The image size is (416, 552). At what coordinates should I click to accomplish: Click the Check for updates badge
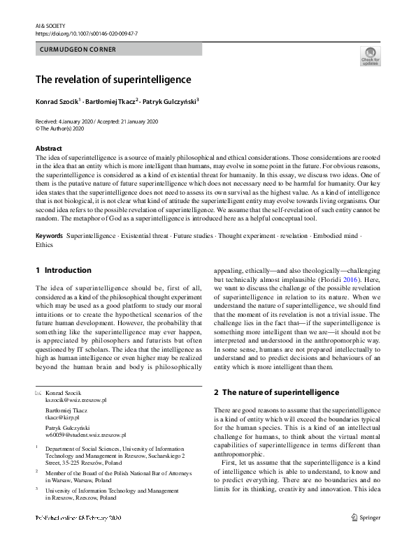370,55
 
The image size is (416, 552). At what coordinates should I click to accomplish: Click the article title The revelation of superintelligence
113,80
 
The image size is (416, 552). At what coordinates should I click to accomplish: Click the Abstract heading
49,149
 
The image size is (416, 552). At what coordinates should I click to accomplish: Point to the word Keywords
49,236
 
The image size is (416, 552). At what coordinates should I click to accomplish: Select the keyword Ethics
44,245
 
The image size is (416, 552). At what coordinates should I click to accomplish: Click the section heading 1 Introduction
63,270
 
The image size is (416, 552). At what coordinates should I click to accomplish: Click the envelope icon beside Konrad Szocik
38,394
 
